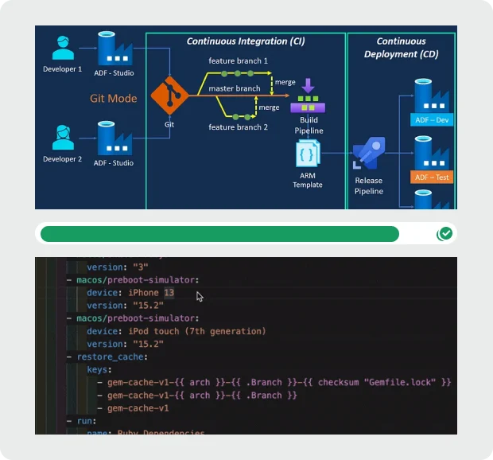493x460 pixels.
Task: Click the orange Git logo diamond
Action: tap(169, 98)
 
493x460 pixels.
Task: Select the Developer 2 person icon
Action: tap(63, 138)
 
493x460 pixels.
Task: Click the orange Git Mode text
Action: tap(113, 99)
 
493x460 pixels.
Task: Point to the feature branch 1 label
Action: tap(239, 61)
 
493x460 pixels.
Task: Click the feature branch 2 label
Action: tap(239, 127)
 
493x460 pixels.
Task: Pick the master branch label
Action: tap(235, 89)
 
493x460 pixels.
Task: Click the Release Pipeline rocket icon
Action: tap(368, 154)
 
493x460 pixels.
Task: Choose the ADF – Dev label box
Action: tap(433, 120)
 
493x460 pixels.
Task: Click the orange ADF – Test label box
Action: tap(433, 177)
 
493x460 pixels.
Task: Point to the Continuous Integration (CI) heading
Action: tap(246, 41)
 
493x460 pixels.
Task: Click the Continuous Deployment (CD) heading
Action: tap(401, 48)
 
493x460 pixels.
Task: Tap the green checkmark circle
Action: tap(445, 234)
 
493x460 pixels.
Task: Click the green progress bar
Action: tap(219, 234)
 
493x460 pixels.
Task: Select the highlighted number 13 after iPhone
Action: tap(169, 293)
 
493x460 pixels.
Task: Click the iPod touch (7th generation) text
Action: tap(200, 331)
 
